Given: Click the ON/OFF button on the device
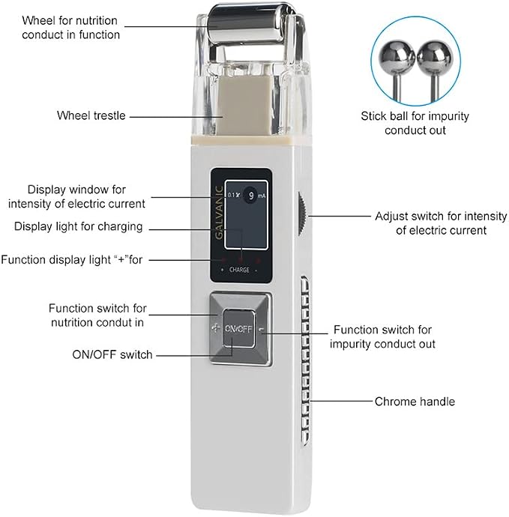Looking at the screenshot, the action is [x=238, y=329].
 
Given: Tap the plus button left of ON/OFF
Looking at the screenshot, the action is [x=215, y=328].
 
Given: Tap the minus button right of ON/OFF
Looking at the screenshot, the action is [x=262, y=330].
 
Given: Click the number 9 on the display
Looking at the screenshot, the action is [x=251, y=196].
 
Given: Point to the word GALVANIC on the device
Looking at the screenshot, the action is [x=219, y=213].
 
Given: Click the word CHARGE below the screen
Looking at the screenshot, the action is [x=239, y=270].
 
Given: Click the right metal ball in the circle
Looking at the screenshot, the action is [x=435, y=58].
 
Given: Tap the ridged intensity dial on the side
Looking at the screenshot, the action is [x=301, y=214].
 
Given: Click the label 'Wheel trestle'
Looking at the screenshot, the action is [x=91, y=115].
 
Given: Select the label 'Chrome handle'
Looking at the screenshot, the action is [x=415, y=402].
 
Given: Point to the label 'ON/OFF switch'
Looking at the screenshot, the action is [x=112, y=354].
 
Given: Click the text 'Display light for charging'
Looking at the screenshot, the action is [x=79, y=226].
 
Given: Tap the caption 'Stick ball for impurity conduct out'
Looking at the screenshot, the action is [x=415, y=123].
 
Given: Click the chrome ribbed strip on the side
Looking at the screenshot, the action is [x=305, y=360].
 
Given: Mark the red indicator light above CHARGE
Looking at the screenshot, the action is [x=241, y=259].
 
